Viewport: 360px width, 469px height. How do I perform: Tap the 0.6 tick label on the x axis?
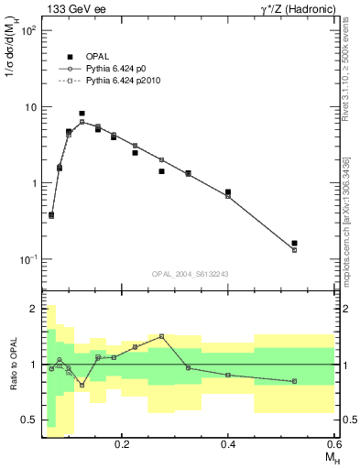tap(333, 443)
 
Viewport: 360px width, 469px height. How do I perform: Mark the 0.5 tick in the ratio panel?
tap(29, 420)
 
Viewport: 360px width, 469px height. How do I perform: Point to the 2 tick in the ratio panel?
tap(34, 309)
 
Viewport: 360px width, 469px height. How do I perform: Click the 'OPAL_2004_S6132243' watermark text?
tap(190, 273)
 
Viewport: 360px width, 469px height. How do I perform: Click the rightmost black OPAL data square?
tap(294, 244)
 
